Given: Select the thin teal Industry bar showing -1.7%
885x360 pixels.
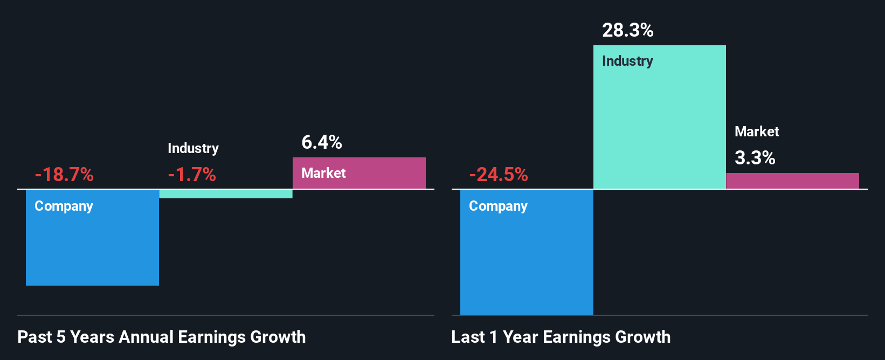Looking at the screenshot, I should pos(226,194).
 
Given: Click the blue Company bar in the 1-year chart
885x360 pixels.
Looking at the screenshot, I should pos(527,259).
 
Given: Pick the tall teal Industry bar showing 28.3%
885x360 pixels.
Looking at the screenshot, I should pos(659,124).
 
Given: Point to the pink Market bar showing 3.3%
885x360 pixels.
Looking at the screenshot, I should pos(792,181).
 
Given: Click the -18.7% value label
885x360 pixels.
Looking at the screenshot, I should pos(64,175).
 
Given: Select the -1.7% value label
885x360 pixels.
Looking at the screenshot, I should pos(192,175).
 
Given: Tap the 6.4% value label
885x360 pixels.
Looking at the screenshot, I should pos(322,142).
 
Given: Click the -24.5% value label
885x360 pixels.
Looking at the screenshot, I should pos(499,175).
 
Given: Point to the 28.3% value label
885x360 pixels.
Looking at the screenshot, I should pos(628,30).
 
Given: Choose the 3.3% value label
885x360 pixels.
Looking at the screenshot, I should pos(755,158).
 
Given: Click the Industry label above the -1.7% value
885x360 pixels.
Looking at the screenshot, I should pos(193,148).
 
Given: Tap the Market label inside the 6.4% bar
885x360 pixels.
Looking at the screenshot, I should pos(323,173).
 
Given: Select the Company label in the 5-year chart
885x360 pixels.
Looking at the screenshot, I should pos(64,206).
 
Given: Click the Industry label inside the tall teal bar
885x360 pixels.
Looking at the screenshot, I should pos(627,61).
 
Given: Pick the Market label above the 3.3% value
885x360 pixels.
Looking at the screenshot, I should pos(757,131).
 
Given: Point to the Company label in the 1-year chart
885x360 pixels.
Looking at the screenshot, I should pos(498,206).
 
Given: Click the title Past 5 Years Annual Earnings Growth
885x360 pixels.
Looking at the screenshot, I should pos(162,337).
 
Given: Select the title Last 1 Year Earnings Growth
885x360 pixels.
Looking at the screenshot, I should pos(561,337).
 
